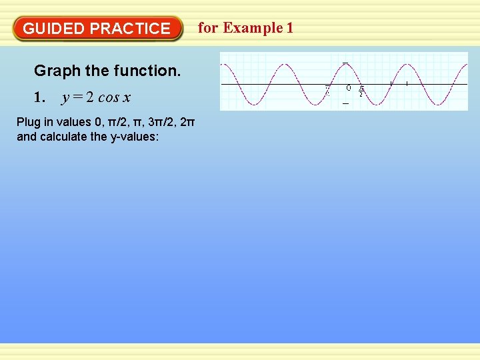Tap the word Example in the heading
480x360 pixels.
(x=253, y=27)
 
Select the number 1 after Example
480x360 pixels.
(x=289, y=27)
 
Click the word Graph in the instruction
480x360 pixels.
(x=54, y=71)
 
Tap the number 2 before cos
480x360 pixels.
(x=89, y=98)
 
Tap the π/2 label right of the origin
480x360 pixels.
(x=361, y=91)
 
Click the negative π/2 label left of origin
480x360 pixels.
(x=327, y=90)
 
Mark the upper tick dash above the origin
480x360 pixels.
(x=345, y=63)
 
